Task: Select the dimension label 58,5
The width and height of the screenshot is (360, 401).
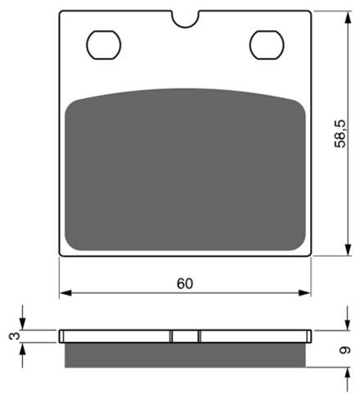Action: coord(340,133)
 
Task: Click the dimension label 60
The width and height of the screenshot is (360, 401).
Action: coord(185,284)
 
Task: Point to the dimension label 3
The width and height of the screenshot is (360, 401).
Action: coord(15,336)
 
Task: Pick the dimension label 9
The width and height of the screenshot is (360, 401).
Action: coord(344,350)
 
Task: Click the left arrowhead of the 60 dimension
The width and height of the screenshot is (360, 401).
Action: coord(65,293)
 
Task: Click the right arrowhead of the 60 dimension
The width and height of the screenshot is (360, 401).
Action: coord(304,293)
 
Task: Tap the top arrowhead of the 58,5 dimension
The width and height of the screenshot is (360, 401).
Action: coord(348,17)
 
